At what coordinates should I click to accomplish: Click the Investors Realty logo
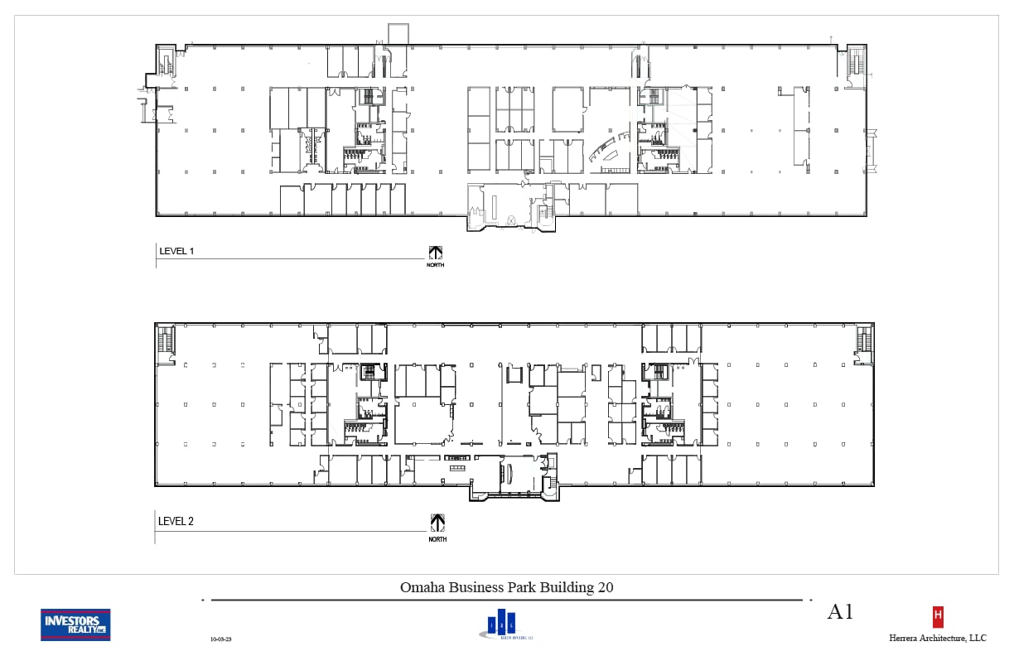[75, 625]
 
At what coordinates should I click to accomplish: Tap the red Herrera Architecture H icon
[938, 616]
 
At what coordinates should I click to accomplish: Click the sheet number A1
[840, 612]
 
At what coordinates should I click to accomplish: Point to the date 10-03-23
[222, 639]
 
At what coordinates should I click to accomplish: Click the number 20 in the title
[605, 587]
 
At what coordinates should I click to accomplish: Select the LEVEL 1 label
[176, 251]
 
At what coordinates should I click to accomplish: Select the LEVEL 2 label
[176, 522]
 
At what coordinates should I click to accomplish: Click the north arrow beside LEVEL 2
[437, 522]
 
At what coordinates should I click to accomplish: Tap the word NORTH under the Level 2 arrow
[437, 539]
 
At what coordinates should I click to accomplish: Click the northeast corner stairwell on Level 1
[857, 63]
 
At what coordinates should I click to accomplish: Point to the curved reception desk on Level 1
[604, 150]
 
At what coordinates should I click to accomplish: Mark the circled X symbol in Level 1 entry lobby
[511, 219]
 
